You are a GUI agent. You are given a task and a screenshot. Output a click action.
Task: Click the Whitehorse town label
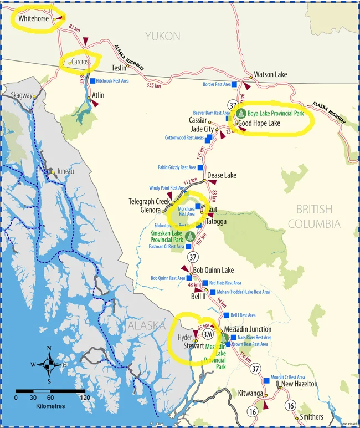[x=33, y=18]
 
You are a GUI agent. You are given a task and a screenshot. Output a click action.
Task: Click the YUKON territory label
[x=163, y=36]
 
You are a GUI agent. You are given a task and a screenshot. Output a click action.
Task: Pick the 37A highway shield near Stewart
[x=208, y=334]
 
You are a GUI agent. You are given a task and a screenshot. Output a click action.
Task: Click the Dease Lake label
[x=222, y=175]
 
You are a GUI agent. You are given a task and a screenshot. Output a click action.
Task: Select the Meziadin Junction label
[x=248, y=329]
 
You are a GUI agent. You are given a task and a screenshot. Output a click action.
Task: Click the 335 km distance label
[x=153, y=85]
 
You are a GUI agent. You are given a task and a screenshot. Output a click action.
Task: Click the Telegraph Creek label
[x=150, y=201]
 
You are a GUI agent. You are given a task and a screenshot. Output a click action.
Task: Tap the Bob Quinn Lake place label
[x=213, y=271]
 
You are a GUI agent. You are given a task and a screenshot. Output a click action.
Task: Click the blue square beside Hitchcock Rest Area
[x=92, y=81]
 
